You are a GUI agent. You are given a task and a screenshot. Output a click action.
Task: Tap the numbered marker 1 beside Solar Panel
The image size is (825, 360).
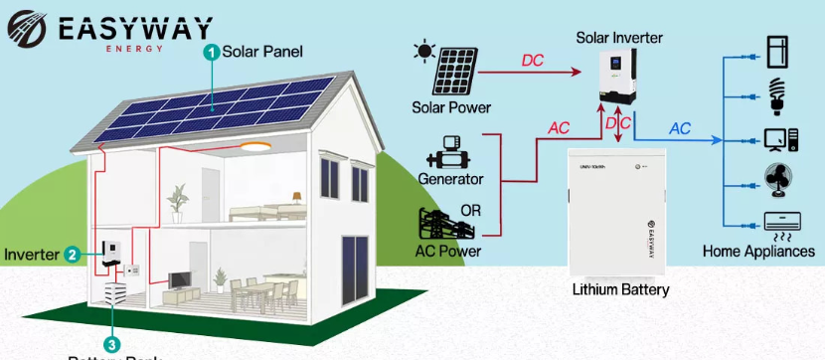pyautogui.click(x=210, y=52)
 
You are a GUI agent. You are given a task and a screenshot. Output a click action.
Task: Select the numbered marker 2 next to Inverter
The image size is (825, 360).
pyautogui.click(x=72, y=255)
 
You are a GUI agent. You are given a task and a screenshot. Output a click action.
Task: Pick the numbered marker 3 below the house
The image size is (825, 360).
pyautogui.click(x=112, y=344)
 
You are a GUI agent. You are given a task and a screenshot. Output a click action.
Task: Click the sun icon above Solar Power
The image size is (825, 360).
pyautogui.click(x=426, y=50)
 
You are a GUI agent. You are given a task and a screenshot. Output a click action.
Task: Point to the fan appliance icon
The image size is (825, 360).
pyautogui.click(x=778, y=180)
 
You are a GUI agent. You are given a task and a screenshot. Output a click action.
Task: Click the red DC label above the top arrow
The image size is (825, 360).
pyautogui.click(x=533, y=61)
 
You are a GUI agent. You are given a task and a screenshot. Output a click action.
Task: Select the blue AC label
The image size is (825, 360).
pyautogui.click(x=680, y=129)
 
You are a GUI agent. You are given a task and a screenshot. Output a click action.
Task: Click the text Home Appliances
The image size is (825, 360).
pyautogui.click(x=758, y=252)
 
